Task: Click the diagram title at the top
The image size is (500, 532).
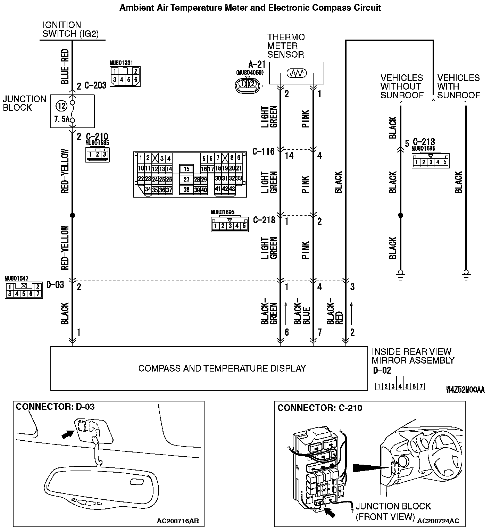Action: [x=250, y=8]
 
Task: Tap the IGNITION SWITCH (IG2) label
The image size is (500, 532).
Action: [x=70, y=30]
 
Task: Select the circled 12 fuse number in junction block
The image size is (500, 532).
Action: [x=61, y=106]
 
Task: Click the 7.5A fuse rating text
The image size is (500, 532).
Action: [x=61, y=119]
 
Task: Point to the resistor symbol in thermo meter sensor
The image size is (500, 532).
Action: [x=296, y=73]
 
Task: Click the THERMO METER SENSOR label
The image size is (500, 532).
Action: [x=286, y=46]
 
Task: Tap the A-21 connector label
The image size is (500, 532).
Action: [x=257, y=65]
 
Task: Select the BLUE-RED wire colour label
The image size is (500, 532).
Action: [x=65, y=66]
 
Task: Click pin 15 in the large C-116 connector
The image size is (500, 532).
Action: [x=186, y=169]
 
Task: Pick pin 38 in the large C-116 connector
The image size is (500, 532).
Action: [x=186, y=190]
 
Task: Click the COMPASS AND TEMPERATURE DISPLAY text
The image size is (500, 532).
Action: [x=222, y=368]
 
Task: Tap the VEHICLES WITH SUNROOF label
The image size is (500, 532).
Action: [x=458, y=86]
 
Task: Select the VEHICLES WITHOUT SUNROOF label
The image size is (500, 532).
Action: [x=402, y=86]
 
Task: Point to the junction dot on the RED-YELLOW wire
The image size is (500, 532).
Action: [x=72, y=215]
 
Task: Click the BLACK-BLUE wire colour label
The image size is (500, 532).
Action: [x=302, y=311]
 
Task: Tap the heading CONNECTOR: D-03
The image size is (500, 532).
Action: [x=55, y=407]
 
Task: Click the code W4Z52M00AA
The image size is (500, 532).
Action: [x=465, y=390]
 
